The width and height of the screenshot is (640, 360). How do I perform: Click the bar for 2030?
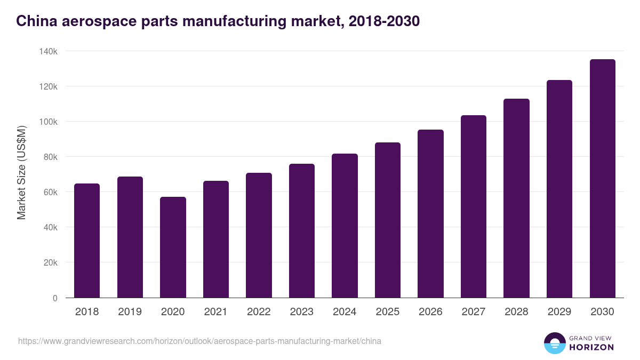[602, 178]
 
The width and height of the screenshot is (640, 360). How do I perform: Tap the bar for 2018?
[87, 241]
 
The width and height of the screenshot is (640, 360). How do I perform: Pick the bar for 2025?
[387, 220]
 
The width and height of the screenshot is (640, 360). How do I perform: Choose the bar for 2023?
[301, 230]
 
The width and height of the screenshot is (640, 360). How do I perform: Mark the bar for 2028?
[516, 198]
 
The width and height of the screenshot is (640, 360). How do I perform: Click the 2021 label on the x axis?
[215, 312]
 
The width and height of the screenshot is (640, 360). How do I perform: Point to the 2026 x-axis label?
[430, 312]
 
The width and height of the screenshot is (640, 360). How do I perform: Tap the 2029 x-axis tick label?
[559, 312]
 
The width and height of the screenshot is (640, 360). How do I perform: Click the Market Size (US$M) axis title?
[21, 173]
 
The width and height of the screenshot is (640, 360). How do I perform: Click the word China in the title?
[34, 21]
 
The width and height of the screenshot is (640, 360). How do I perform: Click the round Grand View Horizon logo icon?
[554, 343]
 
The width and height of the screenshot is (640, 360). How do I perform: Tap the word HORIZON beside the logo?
[591, 347]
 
